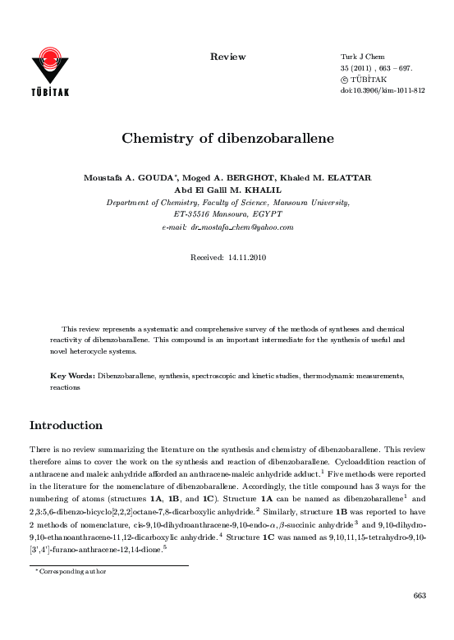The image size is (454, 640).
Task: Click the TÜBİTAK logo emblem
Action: coord(50,62)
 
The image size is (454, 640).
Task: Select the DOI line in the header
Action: coord(382,91)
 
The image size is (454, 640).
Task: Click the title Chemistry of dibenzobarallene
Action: coord(227,139)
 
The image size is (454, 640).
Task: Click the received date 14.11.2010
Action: coord(244,257)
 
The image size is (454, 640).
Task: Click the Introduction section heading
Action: coord(66,425)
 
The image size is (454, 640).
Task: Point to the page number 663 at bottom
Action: coord(419,618)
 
